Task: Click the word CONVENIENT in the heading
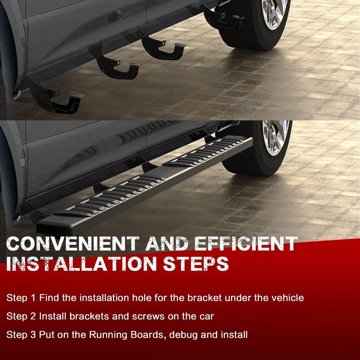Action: pyautogui.click(x=73, y=244)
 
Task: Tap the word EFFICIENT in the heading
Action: pyautogui.click(x=246, y=244)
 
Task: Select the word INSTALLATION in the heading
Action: pyautogui.click(x=81, y=264)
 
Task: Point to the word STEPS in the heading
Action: pyautogui.click(x=196, y=264)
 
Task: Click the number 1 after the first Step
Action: pyautogui.click(x=33, y=298)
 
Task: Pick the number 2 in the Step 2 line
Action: pyautogui.click(x=33, y=316)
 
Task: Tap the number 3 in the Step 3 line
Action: pyautogui.click(x=33, y=334)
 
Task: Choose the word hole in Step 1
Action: pyautogui.click(x=142, y=298)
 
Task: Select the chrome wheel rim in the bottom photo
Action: pyautogui.click(x=275, y=137)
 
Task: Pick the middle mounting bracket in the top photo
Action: pyautogui.click(x=115, y=65)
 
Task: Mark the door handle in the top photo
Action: pyautogui.click(x=116, y=16)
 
